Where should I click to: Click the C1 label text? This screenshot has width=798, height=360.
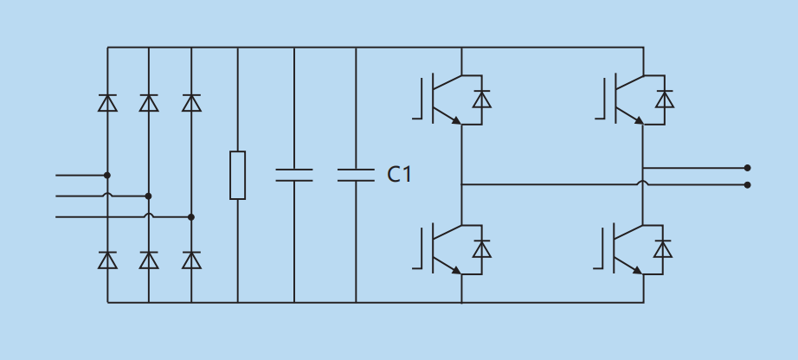tap(399, 175)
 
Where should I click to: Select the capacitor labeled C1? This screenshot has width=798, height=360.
tap(356, 175)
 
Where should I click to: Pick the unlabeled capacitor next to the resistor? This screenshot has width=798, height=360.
tap(294, 175)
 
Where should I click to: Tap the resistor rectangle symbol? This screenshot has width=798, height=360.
tap(237, 175)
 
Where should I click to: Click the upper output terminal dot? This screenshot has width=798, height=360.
tap(747, 168)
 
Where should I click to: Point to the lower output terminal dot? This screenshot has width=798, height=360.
tap(747, 184)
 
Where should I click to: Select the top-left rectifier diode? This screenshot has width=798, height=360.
tap(107, 103)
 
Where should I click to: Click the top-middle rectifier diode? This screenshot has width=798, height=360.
tap(149, 103)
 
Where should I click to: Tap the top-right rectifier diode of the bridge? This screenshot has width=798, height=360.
tap(191, 103)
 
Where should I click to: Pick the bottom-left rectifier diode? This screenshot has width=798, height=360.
tap(107, 260)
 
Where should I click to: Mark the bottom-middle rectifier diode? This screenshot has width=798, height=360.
tap(149, 260)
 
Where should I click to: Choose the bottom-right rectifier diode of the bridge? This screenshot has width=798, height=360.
tap(191, 260)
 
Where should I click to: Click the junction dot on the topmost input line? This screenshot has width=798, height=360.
tap(107, 175)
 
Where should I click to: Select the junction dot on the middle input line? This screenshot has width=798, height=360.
tap(148, 196)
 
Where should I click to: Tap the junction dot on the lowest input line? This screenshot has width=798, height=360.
tap(191, 217)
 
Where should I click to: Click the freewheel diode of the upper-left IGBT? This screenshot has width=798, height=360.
tap(482, 100)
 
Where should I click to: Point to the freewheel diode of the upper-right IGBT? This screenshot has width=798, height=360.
tap(665, 100)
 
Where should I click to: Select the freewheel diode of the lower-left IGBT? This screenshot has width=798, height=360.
tap(482, 249)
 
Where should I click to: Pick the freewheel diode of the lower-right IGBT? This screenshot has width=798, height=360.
tap(663, 249)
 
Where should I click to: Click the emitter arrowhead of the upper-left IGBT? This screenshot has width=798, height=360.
tap(455, 120)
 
